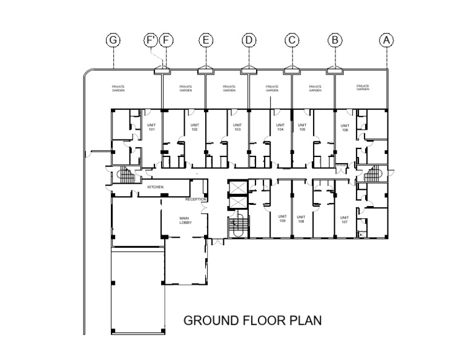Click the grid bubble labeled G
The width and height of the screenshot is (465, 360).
[x=113, y=40]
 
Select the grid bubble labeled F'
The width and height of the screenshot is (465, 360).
[x=151, y=40]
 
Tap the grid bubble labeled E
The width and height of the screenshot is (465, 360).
[x=206, y=40]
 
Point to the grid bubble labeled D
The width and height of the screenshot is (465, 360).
[x=249, y=40]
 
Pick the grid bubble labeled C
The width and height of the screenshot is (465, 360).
[x=292, y=40]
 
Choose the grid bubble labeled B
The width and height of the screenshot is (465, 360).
[x=335, y=40]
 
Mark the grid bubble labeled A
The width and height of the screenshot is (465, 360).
[x=387, y=40]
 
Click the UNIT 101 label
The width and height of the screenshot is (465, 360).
[x=152, y=128]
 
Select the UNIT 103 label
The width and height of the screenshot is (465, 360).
[x=237, y=128]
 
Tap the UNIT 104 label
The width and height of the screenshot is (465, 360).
[x=280, y=128]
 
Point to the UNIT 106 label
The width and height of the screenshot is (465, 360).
[x=345, y=128]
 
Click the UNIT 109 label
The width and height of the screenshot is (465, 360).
[x=282, y=219]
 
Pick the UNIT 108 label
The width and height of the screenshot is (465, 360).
[x=300, y=219]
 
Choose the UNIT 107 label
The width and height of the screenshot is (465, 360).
[x=345, y=219]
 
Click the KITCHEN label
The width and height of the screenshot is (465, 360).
[x=155, y=187]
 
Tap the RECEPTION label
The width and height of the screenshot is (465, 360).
[x=196, y=199]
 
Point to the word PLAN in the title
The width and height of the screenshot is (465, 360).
[x=305, y=320]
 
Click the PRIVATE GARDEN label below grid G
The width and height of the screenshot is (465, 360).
[x=119, y=88]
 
